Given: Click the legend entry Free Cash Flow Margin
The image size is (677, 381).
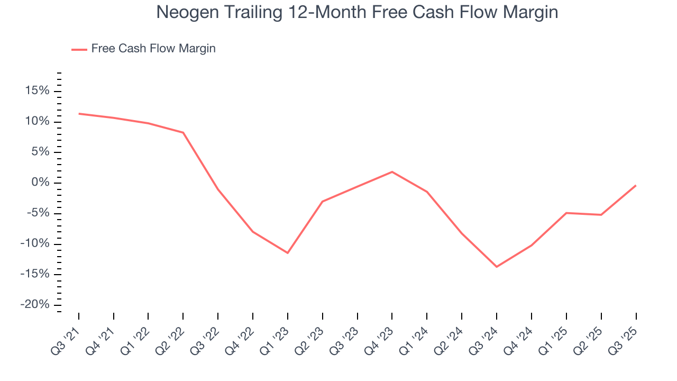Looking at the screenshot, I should [153, 49].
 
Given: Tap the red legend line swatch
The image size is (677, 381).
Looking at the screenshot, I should [79, 49].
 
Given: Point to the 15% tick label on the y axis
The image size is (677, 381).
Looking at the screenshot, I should [38, 91].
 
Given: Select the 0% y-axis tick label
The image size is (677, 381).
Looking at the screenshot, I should [41, 183].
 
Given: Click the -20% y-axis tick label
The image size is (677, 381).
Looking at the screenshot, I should [35, 305].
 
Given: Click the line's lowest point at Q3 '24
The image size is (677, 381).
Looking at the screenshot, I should [497, 267].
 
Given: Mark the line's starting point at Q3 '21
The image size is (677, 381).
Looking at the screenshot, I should [79, 114].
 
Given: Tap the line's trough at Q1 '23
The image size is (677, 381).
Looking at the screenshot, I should [288, 253].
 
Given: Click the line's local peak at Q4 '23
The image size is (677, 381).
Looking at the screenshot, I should [392, 172].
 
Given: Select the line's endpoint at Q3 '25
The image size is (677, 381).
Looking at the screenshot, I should [636, 185].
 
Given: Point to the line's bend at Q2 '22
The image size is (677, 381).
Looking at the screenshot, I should [183, 132].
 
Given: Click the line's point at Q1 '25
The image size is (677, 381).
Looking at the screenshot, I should [566, 213].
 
